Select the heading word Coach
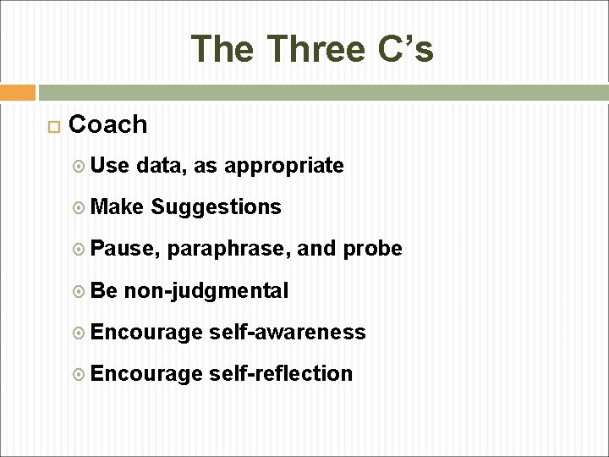tap(107, 125)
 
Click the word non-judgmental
tap(206, 290)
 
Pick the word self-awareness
tap(287, 332)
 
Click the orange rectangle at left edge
tap(18, 91)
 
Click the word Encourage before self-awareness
tap(145, 332)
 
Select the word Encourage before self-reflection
tap(145, 373)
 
